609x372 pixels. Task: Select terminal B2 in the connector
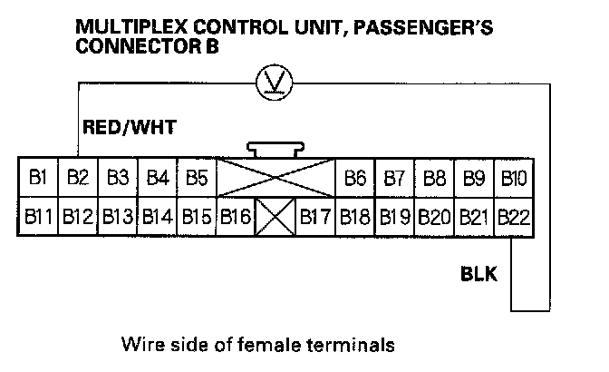point(77,177)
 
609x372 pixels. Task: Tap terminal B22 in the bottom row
point(513,218)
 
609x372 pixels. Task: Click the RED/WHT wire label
point(128,127)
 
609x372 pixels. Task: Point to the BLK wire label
point(478,273)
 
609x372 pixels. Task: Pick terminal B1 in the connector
point(37,177)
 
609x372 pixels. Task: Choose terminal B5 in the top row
point(197,177)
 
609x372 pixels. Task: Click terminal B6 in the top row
point(354,177)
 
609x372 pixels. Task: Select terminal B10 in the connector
point(513,177)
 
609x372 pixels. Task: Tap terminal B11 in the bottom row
point(37,218)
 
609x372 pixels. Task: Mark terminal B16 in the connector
point(236,218)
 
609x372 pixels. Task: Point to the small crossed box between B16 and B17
point(275,218)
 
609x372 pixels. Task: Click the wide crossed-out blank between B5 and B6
point(275,177)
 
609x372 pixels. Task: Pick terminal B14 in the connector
point(157,218)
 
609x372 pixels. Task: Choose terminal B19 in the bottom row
point(394,218)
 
